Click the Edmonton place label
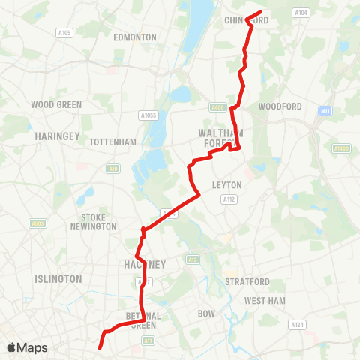[x=135, y=37]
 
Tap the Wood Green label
[x=57, y=104]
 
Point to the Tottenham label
[x=112, y=142]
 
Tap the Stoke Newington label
[x=94, y=222]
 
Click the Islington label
[x=58, y=278]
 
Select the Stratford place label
[x=247, y=281]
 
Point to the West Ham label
[x=265, y=300]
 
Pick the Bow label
[x=206, y=313]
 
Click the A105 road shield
[x=64, y=33]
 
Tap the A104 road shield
[x=301, y=13]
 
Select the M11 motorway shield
[x=325, y=111]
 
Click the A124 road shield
[x=298, y=325]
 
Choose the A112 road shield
[x=228, y=199]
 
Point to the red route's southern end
[x=99, y=346]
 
